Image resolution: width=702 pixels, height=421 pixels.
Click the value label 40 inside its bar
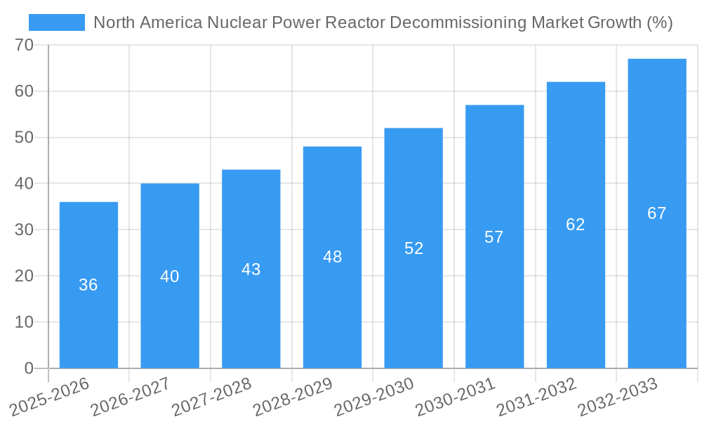(170, 276)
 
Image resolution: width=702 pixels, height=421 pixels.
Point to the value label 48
(332, 257)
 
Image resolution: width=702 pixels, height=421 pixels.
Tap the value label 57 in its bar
(494, 237)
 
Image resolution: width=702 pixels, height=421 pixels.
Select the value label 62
(576, 225)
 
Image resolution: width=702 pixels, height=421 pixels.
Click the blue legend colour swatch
(57, 22)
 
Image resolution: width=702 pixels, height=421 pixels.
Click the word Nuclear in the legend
(234, 22)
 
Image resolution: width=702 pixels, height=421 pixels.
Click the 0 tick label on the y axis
(29, 368)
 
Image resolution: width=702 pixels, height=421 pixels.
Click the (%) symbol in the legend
(659, 22)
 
